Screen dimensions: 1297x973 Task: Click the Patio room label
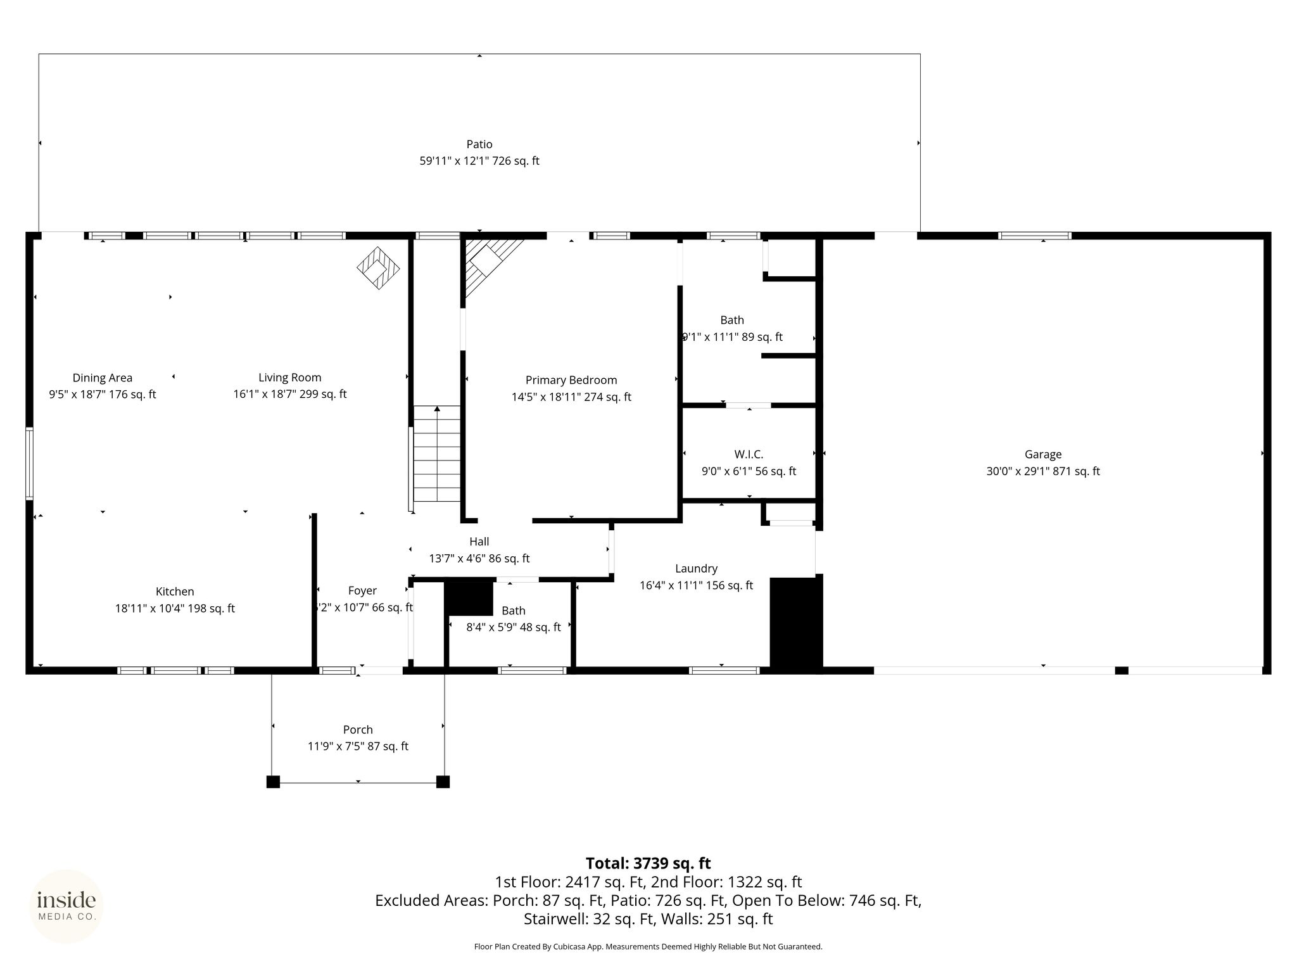coord(479,144)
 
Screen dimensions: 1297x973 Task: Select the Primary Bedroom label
coord(571,380)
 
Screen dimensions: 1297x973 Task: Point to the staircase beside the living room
coord(437,454)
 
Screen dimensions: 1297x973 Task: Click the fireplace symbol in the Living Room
coord(379,268)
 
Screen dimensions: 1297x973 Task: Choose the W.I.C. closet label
coord(749,454)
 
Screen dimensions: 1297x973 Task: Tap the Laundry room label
coord(696,569)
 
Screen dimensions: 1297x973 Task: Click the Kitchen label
coord(175,592)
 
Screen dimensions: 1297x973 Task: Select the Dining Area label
coord(103,378)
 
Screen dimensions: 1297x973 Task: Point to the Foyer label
coord(362,591)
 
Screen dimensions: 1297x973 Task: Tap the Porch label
coord(358,730)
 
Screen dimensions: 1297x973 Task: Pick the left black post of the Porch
coord(273,782)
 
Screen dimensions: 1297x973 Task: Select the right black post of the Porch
coord(443,782)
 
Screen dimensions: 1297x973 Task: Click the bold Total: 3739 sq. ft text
coord(648,863)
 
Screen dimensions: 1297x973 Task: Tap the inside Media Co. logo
coord(66,906)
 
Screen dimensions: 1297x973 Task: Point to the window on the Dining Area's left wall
coord(29,464)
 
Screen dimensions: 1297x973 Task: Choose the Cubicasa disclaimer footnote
coord(648,947)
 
